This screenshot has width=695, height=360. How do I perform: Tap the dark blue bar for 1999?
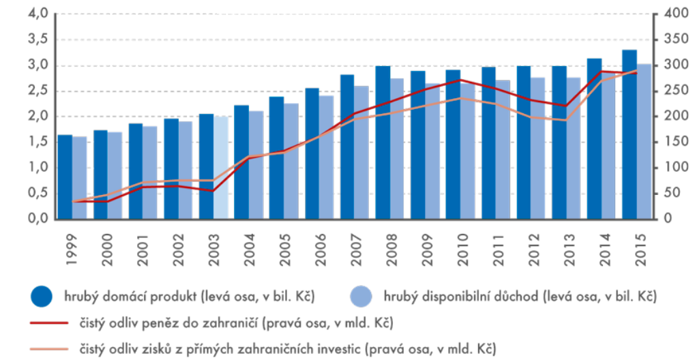tap(65, 177)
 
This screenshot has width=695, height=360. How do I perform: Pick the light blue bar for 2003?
tap(220, 168)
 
